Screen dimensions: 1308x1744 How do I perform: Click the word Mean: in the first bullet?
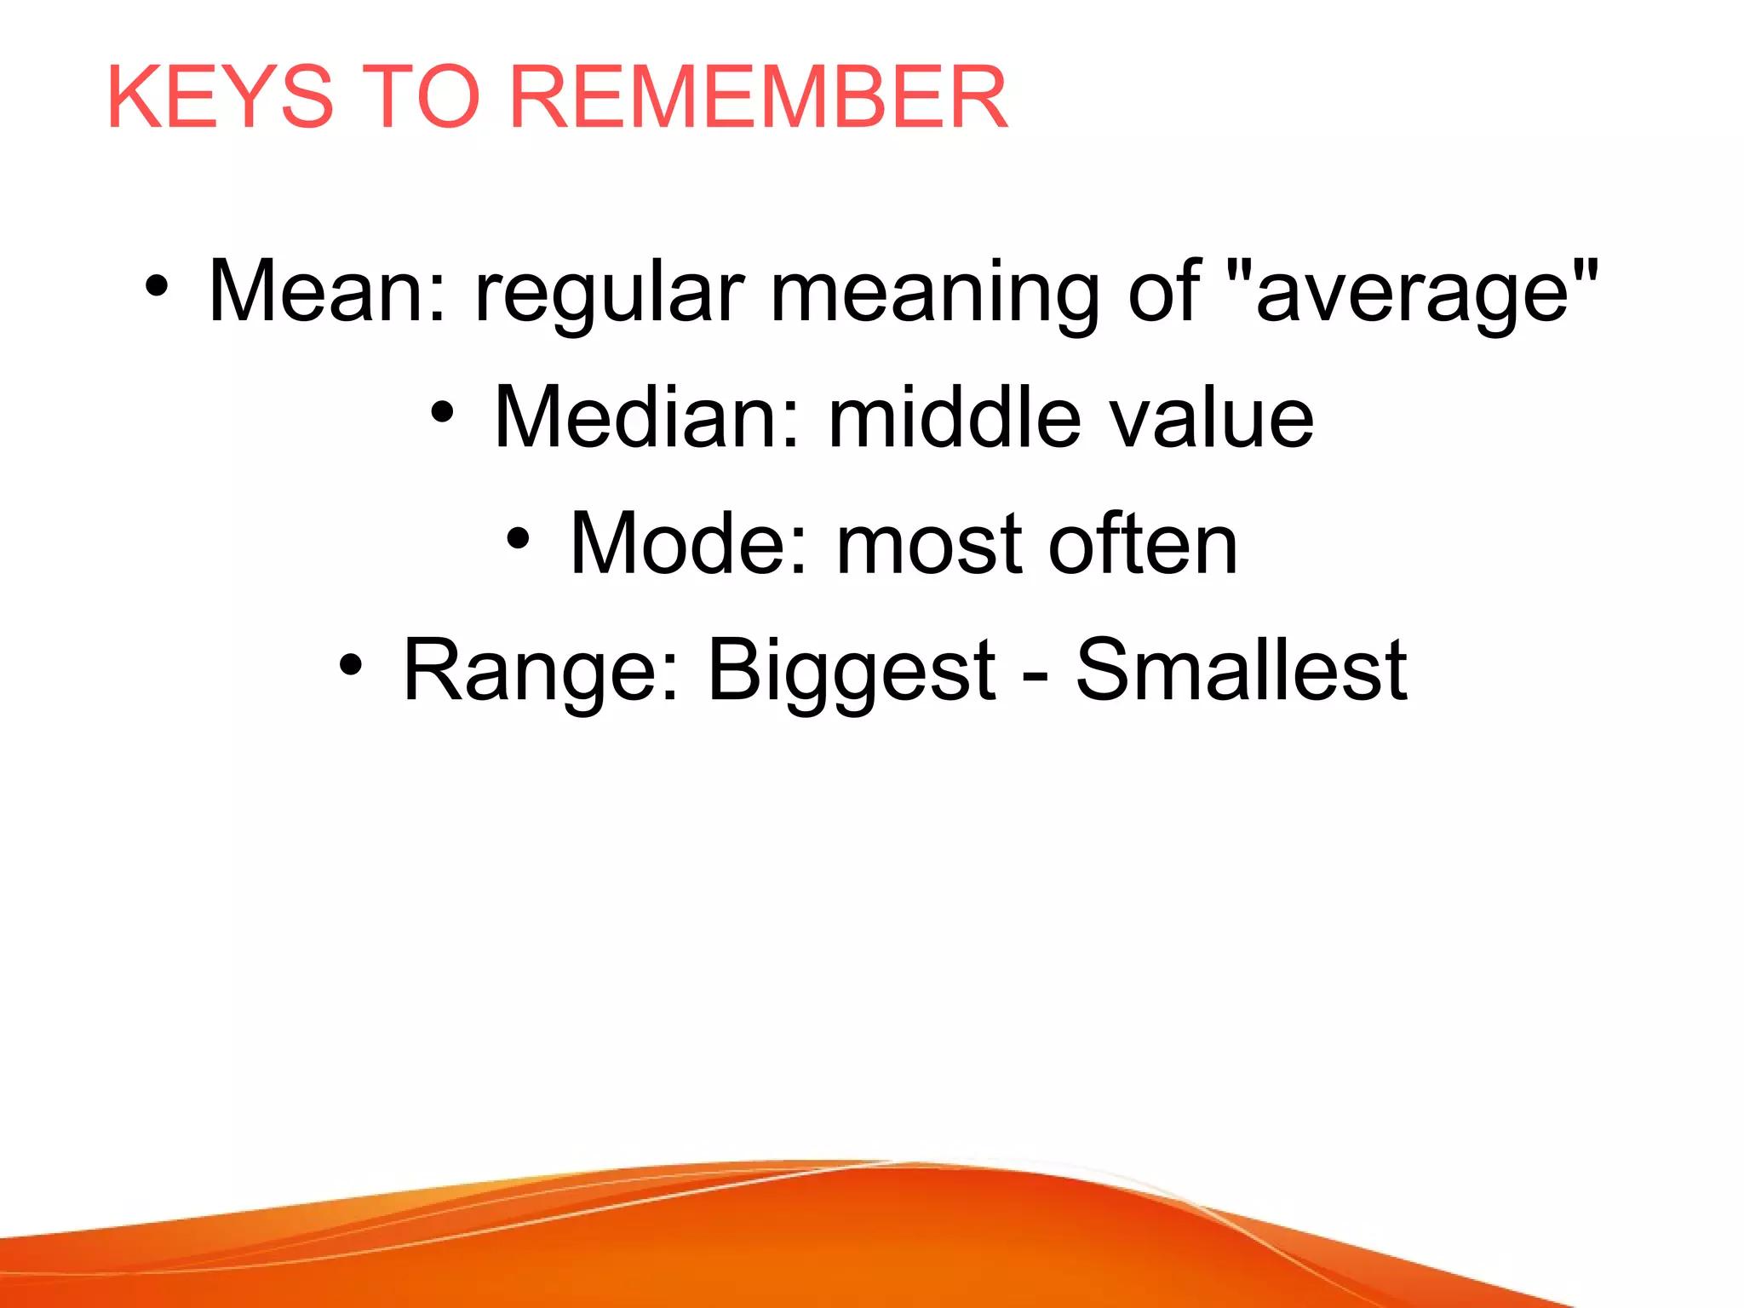click(x=327, y=291)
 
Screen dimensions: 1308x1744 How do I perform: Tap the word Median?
click(x=647, y=417)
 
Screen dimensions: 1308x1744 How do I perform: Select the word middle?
click(x=955, y=417)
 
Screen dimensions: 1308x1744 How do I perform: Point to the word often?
click(x=1143, y=543)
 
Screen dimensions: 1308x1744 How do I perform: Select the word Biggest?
click(x=852, y=673)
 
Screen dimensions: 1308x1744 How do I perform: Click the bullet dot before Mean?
click(x=156, y=287)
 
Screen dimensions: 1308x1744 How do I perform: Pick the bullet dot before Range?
click(x=351, y=665)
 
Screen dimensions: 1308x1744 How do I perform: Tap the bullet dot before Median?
click(x=442, y=413)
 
